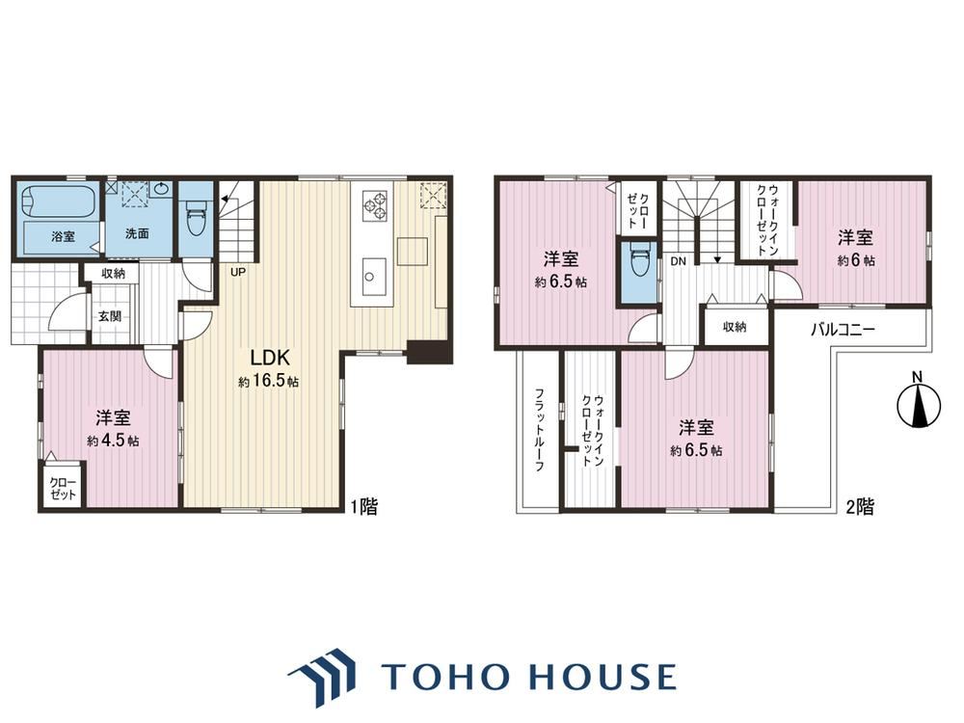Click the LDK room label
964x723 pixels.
(x=269, y=358)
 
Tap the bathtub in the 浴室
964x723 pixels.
(x=58, y=201)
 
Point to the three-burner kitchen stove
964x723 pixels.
(x=375, y=204)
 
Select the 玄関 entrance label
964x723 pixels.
(x=110, y=316)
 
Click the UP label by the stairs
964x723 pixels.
(x=238, y=271)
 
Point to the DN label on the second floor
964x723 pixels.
(x=678, y=261)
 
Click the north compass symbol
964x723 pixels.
(x=919, y=403)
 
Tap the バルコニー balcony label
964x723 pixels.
(x=843, y=330)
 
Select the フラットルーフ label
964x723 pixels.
(x=539, y=429)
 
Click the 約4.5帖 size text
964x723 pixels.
(x=113, y=441)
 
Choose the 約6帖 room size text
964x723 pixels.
(x=856, y=260)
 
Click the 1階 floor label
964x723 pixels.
(x=364, y=507)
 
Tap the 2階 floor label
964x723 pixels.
(x=860, y=507)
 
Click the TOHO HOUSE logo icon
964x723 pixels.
(x=322, y=678)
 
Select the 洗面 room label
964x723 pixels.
(x=137, y=233)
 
